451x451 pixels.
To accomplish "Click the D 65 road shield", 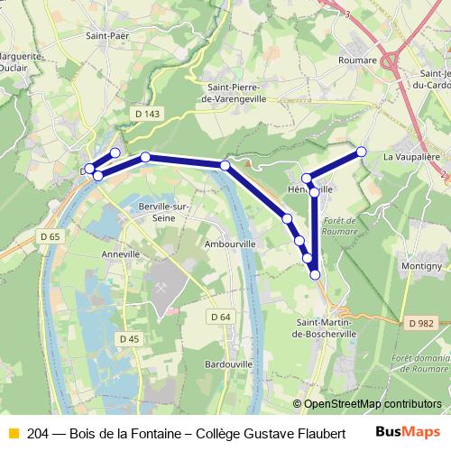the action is (50, 236).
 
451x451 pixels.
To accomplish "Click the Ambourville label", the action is (231, 244).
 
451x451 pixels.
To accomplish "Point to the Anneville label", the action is (123, 254).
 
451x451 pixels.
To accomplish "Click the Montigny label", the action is (420, 267).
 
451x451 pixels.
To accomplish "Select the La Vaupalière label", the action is (411, 156).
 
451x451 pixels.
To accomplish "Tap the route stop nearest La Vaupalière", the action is (362, 152).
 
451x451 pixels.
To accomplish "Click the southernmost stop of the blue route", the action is (315, 274).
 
